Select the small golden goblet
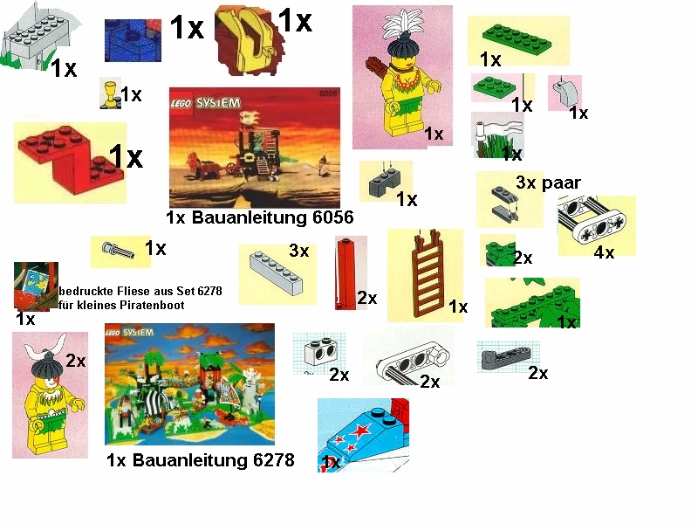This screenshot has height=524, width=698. (x=110, y=92)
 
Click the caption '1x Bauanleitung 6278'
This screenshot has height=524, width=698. (x=200, y=460)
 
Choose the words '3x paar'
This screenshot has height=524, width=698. (x=548, y=183)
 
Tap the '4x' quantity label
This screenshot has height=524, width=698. (x=604, y=253)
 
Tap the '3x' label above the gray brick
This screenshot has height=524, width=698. (x=298, y=252)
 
